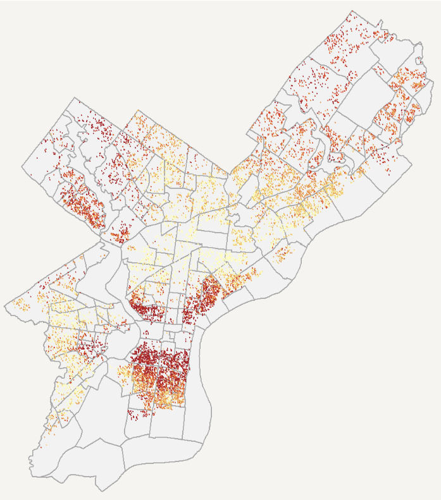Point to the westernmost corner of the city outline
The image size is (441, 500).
(5, 307)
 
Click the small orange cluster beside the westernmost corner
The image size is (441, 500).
(23, 305)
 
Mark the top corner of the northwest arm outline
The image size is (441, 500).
(74, 98)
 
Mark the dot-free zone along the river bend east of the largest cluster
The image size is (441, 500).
(200, 379)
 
